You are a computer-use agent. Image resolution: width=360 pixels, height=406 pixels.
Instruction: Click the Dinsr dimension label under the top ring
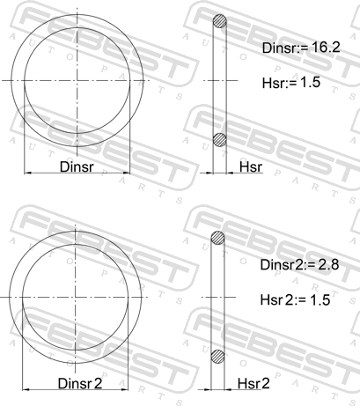point(77,165)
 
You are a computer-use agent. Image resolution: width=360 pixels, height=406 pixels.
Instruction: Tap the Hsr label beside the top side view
point(250,166)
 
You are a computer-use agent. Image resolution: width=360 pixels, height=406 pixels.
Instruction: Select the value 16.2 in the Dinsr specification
point(322,51)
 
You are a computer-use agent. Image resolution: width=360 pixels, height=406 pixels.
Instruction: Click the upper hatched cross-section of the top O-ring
point(221,23)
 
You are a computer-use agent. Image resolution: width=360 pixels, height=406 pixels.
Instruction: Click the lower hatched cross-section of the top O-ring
point(221,138)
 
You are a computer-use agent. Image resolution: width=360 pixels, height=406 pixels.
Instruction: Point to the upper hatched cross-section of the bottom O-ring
point(218,239)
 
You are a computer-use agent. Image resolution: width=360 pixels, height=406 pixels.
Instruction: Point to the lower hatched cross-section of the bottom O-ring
point(218,356)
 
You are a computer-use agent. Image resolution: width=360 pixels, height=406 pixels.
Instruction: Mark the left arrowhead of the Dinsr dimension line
point(26,173)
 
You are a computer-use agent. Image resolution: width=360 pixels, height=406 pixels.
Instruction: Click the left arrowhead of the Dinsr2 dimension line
point(26,390)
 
